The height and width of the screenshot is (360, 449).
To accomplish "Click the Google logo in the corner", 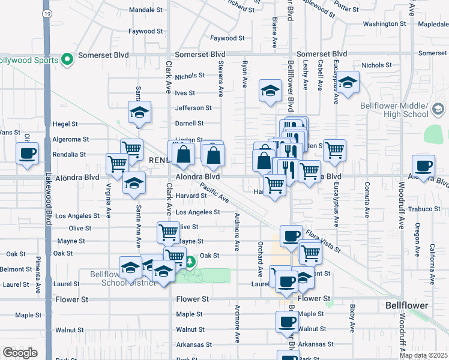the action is click(x=20, y=353).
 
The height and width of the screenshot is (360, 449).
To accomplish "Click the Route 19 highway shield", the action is click(x=47, y=13).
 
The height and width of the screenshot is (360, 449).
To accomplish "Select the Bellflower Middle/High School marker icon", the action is click(x=438, y=109).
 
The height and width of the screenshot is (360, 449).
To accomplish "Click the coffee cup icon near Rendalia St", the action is click(x=28, y=153).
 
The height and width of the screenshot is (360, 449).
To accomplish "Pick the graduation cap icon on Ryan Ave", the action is click(x=270, y=91).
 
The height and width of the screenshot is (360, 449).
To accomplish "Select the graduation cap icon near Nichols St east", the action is click(x=348, y=83).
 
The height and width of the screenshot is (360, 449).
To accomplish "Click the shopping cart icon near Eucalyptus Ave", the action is click(x=334, y=150).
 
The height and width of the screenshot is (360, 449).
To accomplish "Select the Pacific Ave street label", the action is click(x=214, y=193).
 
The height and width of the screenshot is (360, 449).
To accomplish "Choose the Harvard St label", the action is click(x=191, y=196).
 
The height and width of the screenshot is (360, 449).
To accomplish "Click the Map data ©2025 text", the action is click(x=424, y=355).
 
